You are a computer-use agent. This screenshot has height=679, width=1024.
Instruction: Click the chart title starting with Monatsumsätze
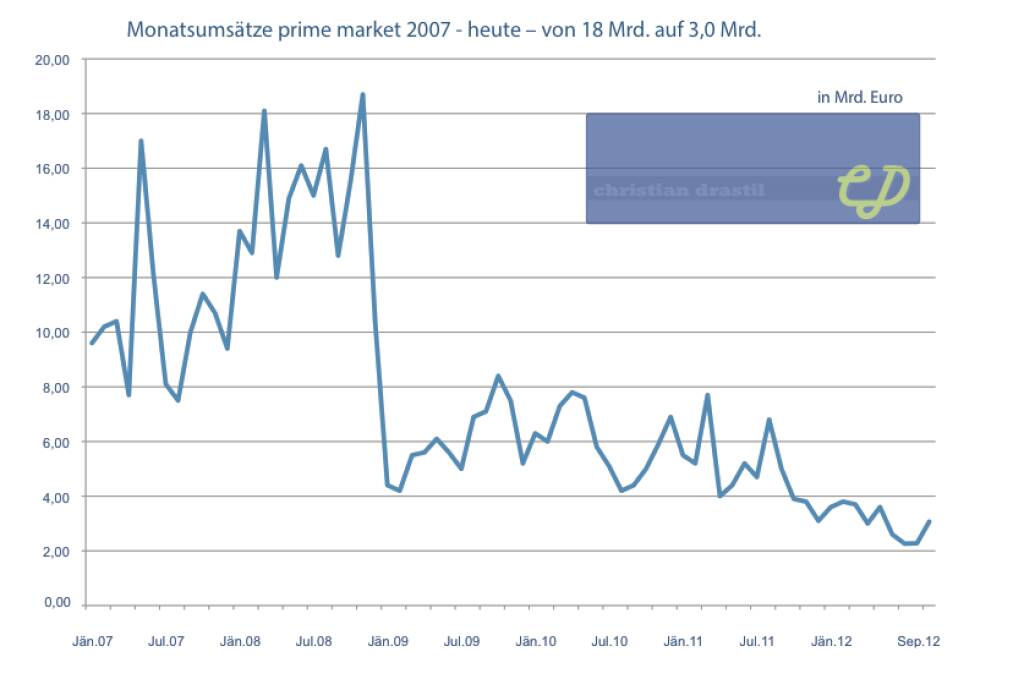444,29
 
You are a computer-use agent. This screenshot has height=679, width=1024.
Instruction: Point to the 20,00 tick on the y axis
54,60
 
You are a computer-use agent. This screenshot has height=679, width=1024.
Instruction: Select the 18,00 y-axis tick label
54,115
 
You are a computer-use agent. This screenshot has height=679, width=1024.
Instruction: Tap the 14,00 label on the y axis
54,224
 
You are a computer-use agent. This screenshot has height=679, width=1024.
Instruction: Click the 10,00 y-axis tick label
54,333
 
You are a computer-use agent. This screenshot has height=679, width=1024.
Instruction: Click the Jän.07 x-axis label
92,640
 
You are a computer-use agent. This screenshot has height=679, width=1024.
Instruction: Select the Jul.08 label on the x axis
314,640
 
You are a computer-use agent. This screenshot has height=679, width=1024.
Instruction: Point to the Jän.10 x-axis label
535,640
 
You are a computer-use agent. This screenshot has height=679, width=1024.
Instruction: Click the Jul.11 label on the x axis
757,640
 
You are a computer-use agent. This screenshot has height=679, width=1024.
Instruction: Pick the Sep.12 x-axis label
915,640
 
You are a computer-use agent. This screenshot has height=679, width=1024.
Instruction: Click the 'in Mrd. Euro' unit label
859,97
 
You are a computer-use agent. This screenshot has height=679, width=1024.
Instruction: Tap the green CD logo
873,188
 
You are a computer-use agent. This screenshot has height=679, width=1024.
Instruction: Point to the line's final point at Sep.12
930,521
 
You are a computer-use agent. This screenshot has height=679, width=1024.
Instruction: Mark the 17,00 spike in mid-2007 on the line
141,141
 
